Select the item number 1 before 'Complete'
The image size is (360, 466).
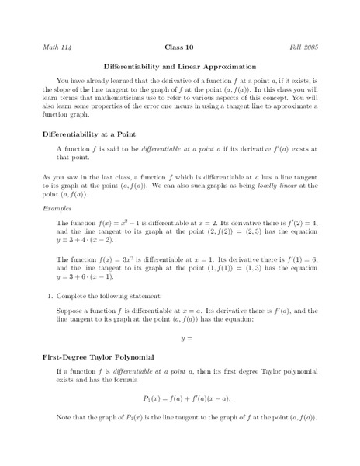[x=49, y=295]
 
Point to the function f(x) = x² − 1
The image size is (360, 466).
[x=101, y=223]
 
